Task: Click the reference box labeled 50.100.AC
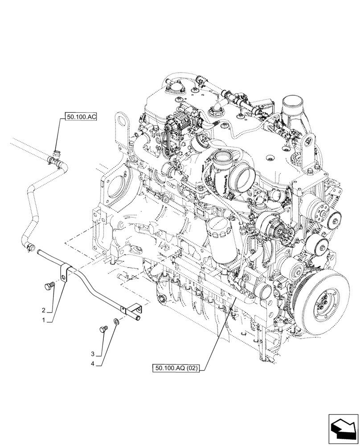pyautogui.click(x=81, y=117)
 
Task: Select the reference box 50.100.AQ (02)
pyautogui.click(x=177, y=368)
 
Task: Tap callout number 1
pyautogui.click(x=44, y=320)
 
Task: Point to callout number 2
pyautogui.click(x=44, y=310)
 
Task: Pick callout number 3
pyautogui.click(x=93, y=354)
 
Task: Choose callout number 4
pyautogui.click(x=93, y=364)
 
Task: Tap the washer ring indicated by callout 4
pyautogui.click(x=116, y=322)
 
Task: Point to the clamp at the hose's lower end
pyautogui.click(x=30, y=245)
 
